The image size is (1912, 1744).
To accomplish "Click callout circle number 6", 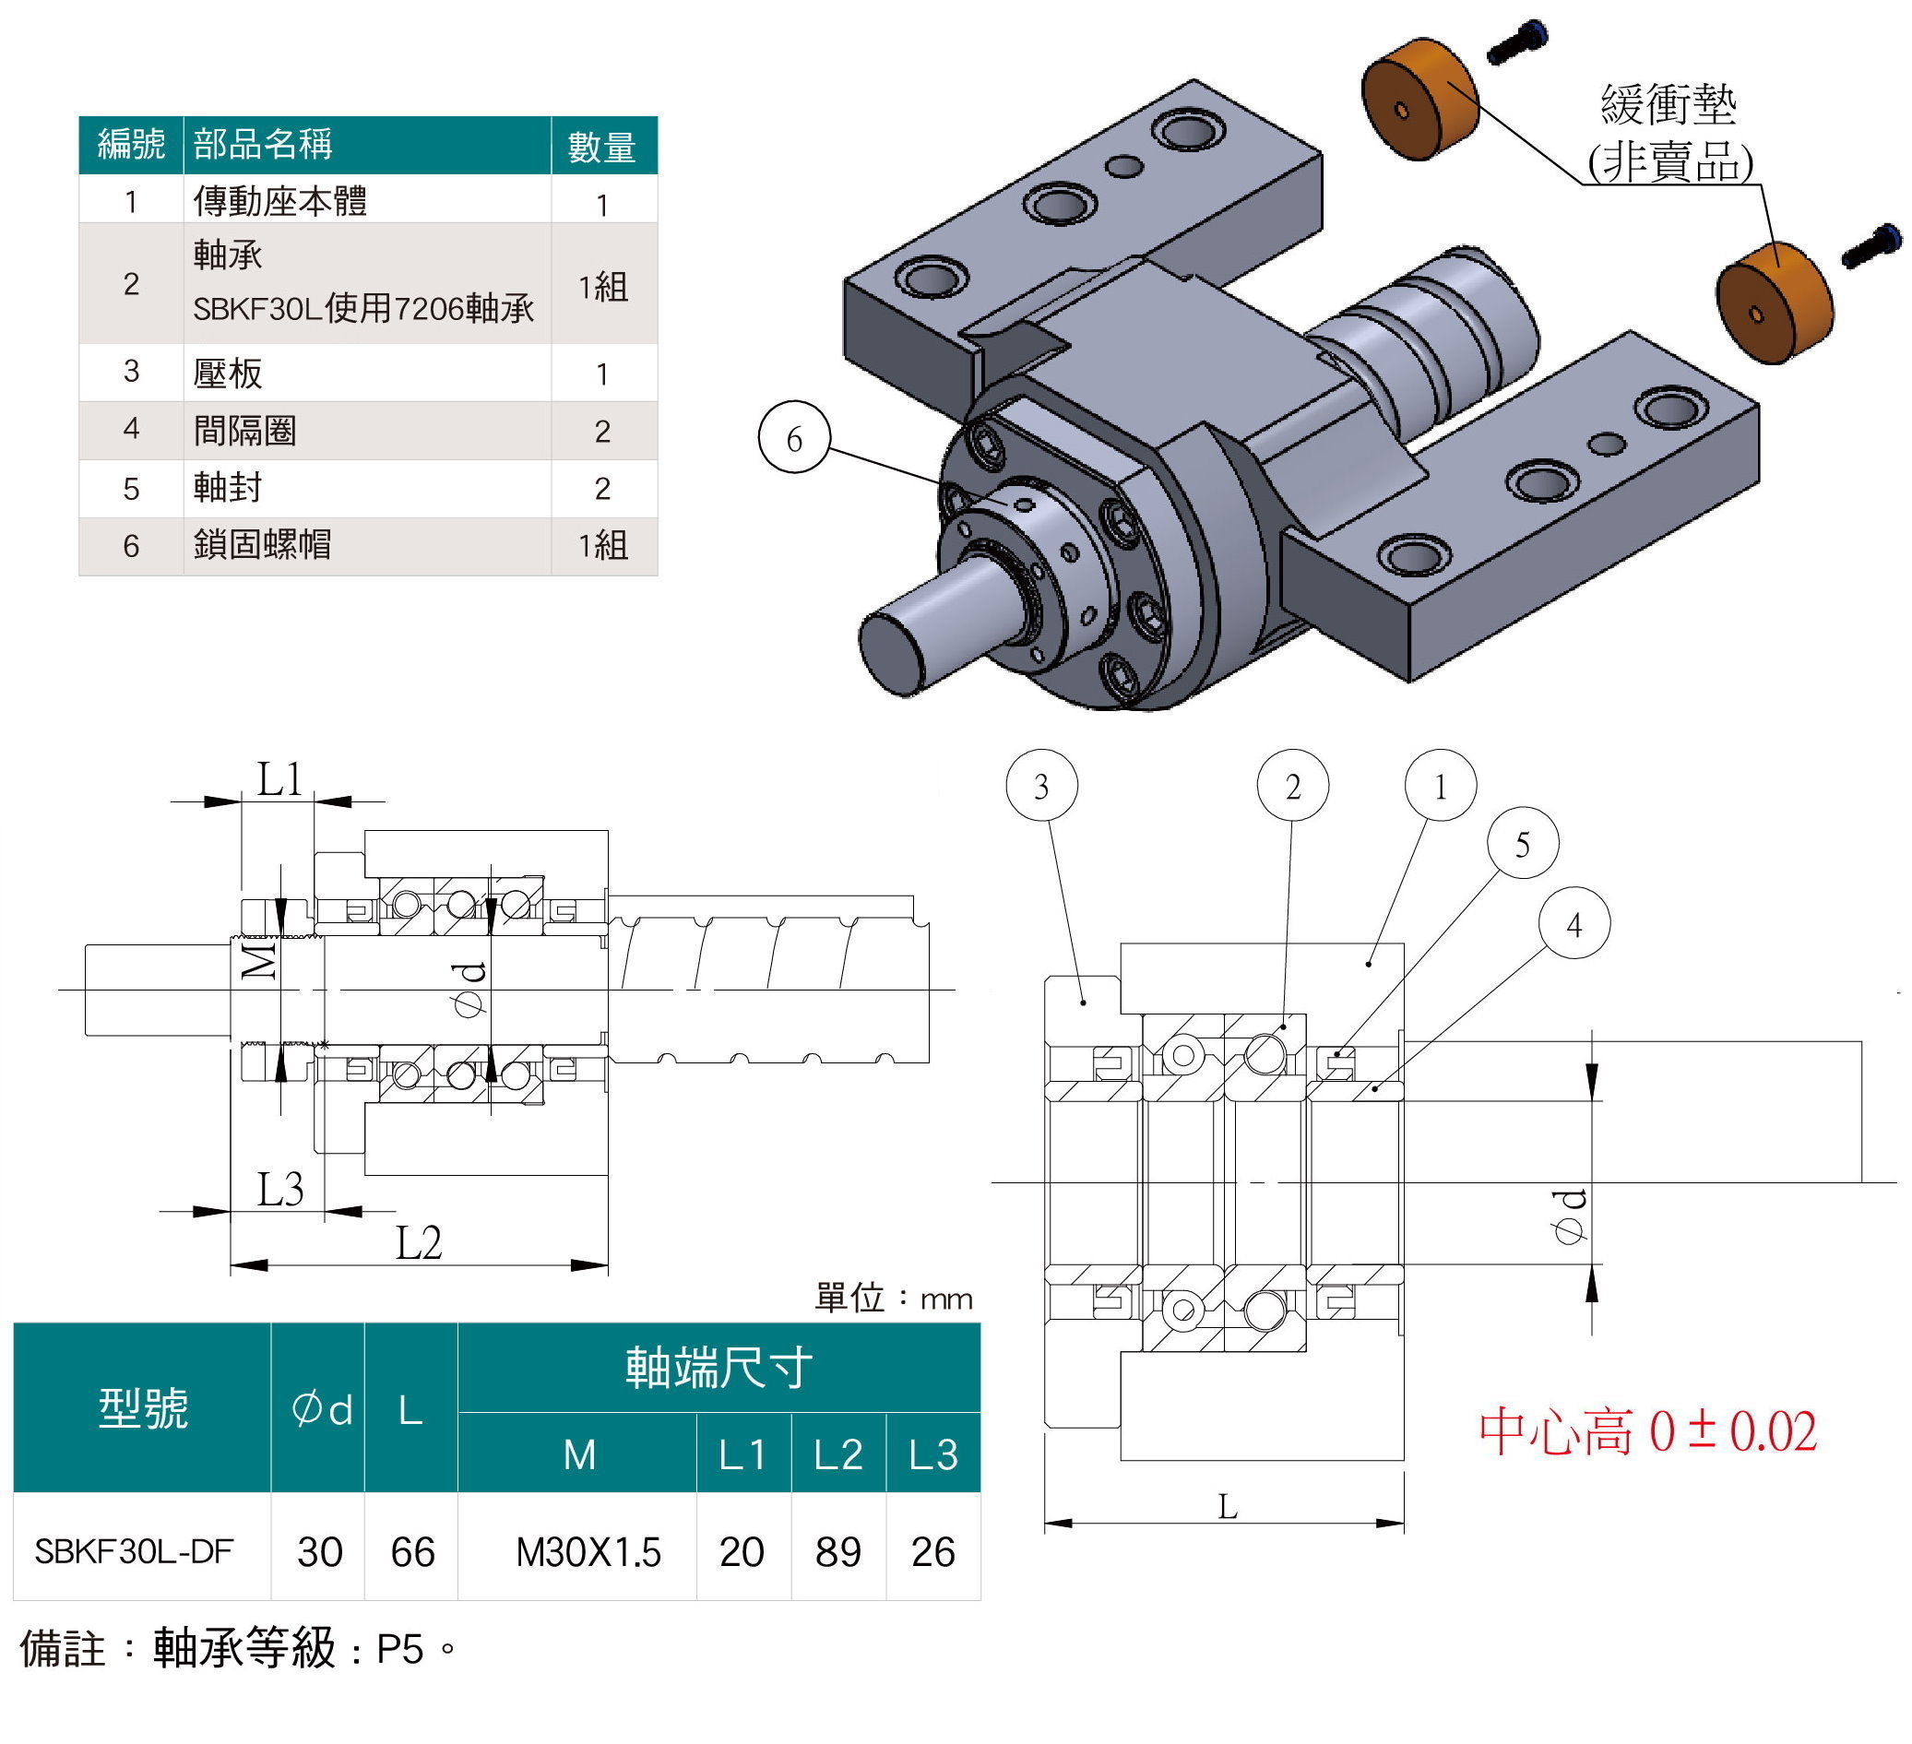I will click(x=794, y=438).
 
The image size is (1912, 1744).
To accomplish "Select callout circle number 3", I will click(x=1040, y=785).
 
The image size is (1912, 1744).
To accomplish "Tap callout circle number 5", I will click(x=1522, y=843).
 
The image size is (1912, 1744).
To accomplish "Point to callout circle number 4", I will click(x=1574, y=924).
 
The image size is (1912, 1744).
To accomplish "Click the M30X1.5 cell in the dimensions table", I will click(x=588, y=1552).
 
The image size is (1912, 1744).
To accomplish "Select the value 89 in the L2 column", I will click(x=837, y=1552).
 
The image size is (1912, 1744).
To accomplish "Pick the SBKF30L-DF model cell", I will click(x=134, y=1551).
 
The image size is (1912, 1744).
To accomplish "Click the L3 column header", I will click(x=932, y=1454).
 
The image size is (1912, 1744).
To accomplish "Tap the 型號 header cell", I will click(x=142, y=1408).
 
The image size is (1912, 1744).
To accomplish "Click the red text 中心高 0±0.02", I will click(x=1647, y=1432).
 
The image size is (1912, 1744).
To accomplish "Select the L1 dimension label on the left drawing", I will click(x=279, y=779).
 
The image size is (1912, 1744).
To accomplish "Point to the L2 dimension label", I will click(x=418, y=1242).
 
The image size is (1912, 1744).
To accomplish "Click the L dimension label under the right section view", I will click(x=1228, y=1507).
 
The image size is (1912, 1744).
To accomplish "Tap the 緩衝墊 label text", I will click(x=1669, y=104).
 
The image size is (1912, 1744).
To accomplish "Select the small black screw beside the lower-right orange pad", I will click(x=1871, y=244).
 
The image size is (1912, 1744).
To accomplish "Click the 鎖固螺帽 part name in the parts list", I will click(x=263, y=544).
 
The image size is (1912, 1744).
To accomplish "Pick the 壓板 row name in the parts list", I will click(x=228, y=373).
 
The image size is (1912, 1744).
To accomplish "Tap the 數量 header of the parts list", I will click(x=601, y=147).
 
